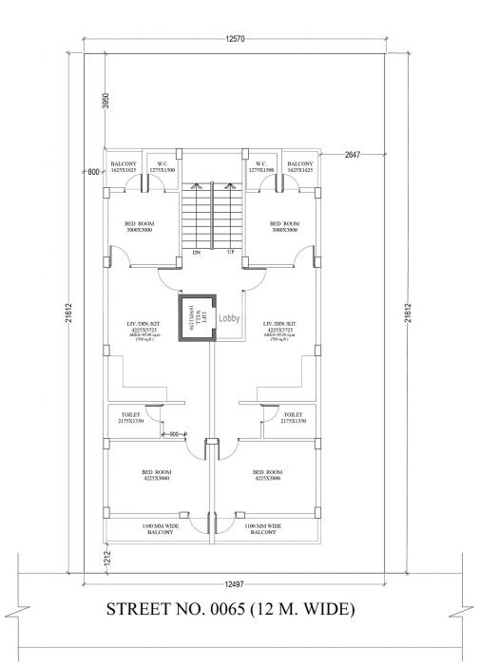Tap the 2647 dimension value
pyautogui.click(x=354, y=154)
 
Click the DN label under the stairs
pyautogui.click(x=196, y=253)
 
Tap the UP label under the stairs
pyautogui.click(x=230, y=253)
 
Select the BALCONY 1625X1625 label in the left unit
pyautogui.click(x=123, y=166)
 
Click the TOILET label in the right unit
pyautogui.click(x=293, y=417)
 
